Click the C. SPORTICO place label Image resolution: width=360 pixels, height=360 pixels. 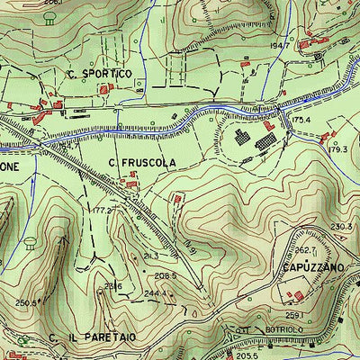point(99,73)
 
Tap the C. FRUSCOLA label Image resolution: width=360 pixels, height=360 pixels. point(143,162)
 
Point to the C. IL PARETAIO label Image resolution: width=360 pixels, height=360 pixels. point(94,337)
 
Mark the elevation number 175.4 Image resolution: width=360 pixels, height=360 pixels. point(301,120)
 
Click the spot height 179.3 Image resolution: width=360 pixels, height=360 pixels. point(338,149)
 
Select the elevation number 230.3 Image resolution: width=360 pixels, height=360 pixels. point(342,227)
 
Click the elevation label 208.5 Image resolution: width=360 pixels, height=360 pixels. point(164,275)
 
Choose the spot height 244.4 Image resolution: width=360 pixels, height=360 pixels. point(157,293)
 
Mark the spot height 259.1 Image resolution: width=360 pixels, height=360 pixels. point(293,316)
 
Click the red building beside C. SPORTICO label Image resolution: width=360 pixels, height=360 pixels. point(106,90)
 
